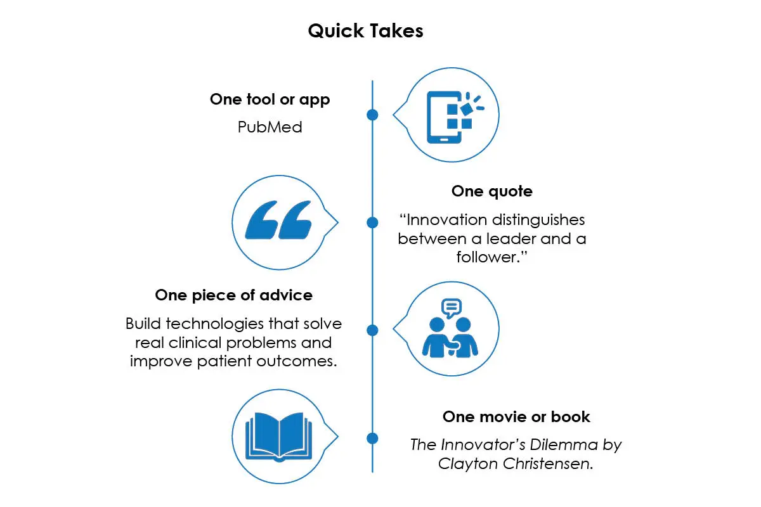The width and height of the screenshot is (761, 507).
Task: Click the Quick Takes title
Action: [x=365, y=31]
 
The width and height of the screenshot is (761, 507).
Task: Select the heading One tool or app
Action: [x=270, y=100]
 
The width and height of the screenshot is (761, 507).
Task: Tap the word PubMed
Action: [x=270, y=127]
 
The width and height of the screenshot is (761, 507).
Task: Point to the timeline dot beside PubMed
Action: [x=372, y=115]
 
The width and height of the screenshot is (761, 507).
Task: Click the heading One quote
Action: [x=492, y=191]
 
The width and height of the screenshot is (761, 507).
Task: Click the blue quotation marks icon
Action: [x=278, y=220]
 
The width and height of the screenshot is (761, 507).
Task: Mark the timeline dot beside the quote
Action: [x=372, y=222]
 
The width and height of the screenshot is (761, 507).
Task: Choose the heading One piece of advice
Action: [x=234, y=295]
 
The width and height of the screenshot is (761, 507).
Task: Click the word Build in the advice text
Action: [x=143, y=324]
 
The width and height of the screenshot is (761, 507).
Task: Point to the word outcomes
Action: [x=296, y=361]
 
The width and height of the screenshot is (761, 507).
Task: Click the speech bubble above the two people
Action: [x=451, y=307]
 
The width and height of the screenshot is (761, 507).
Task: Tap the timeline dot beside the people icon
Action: [x=372, y=330]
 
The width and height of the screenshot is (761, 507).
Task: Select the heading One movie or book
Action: [x=516, y=417]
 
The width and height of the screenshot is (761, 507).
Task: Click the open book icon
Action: [x=278, y=437]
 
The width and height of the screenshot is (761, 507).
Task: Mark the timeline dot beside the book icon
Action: [x=372, y=439]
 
